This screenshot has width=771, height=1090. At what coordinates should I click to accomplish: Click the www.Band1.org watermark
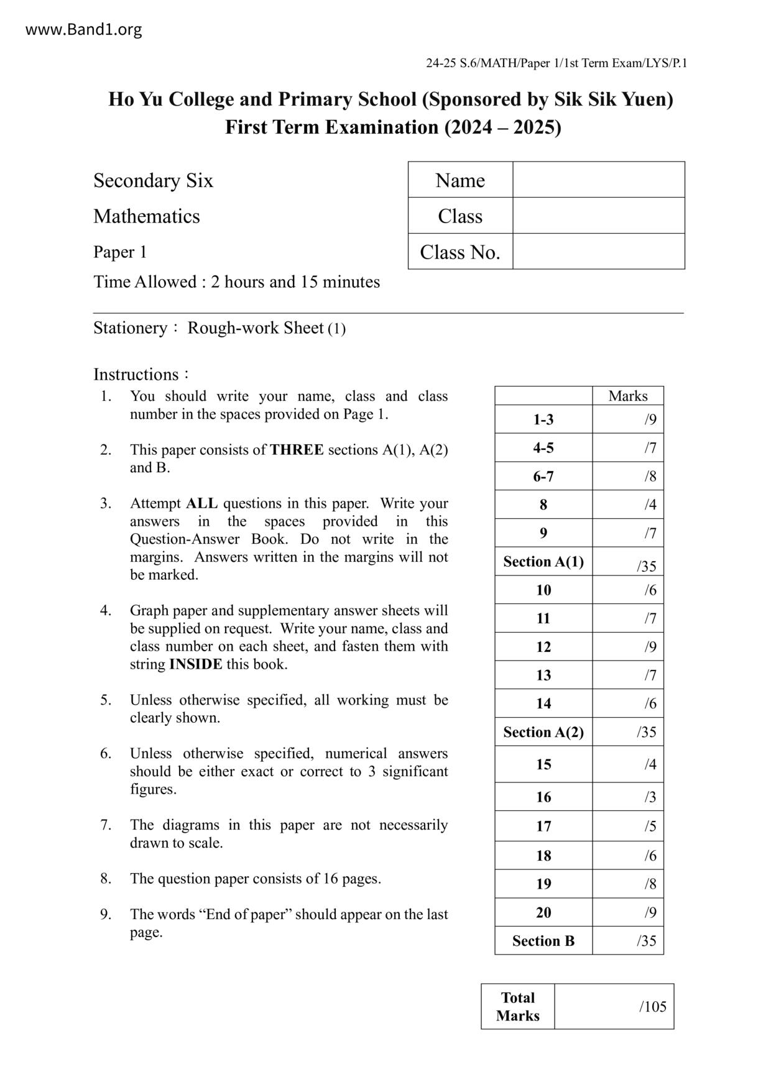click(83, 29)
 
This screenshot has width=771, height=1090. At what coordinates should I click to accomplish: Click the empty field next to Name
click(598, 180)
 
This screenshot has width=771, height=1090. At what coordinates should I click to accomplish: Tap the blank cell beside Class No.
click(598, 252)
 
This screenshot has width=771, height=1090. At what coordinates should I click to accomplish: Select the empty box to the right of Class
click(598, 216)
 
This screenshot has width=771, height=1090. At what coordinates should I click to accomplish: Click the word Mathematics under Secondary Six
click(147, 216)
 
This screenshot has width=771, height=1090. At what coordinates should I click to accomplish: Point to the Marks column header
click(627, 396)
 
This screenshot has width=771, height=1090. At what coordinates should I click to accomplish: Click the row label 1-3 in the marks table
click(543, 419)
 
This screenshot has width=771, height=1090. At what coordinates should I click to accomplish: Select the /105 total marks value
click(652, 1006)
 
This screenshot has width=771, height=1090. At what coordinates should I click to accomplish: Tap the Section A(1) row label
click(543, 562)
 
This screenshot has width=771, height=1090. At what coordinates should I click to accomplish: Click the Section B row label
click(543, 941)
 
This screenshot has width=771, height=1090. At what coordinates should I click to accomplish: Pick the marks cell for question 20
click(628, 912)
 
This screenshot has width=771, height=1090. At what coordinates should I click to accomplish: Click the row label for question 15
click(543, 764)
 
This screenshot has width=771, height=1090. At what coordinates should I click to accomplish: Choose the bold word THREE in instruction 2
click(297, 450)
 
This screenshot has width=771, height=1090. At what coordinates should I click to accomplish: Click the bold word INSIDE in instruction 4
click(195, 664)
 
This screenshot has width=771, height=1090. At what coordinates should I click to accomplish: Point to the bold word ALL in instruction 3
click(201, 503)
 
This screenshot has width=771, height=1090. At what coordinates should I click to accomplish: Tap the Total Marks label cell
click(517, 1006)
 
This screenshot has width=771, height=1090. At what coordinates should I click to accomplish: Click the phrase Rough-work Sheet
click(256, 328)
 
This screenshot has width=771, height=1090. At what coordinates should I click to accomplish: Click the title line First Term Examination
click(392, 127)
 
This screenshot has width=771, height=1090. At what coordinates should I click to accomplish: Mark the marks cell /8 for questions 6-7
click(628, 477)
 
